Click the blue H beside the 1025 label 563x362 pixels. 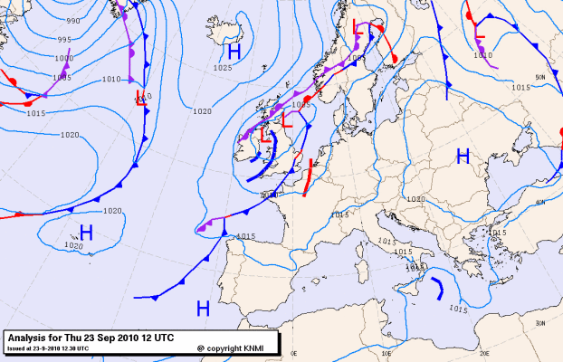pyautogui.click(x=234, y=52)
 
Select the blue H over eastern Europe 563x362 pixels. pyautogui.click(x=463, y=157)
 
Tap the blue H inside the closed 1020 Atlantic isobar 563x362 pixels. pyautogui.click(x=87, y=232)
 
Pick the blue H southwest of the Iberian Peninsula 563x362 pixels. pyautogui.click(x=203, y=309)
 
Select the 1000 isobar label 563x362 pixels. pyautogui.click(x=64, y=58)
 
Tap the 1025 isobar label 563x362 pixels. pyautogui.click(x=223, y=68)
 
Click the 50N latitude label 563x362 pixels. pyautogui.click(x=540, y=78)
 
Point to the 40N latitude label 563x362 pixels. pyautogui.click(x=540, y=202)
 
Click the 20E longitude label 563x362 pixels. pyautogui.click(x=484, y=355)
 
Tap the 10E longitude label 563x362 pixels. pyautogui.click(x=389, y=355)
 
